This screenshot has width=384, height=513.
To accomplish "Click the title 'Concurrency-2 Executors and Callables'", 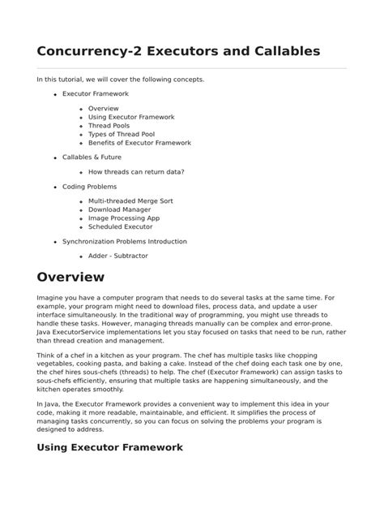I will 167,51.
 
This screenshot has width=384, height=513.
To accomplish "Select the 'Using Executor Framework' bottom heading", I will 109,446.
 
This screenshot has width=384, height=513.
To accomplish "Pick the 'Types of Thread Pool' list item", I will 122,134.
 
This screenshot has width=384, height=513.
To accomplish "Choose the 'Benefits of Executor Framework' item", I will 139,143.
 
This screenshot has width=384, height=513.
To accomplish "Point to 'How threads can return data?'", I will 135,172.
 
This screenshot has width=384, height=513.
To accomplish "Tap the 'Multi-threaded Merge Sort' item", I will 130,200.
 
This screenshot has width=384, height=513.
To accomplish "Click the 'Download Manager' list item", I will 120,209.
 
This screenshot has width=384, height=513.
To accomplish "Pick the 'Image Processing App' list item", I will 124,218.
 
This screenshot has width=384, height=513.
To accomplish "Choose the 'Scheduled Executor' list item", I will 120,226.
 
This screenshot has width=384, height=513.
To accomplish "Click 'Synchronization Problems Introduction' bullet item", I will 124,241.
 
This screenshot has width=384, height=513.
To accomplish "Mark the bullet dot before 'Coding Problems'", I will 55,187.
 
